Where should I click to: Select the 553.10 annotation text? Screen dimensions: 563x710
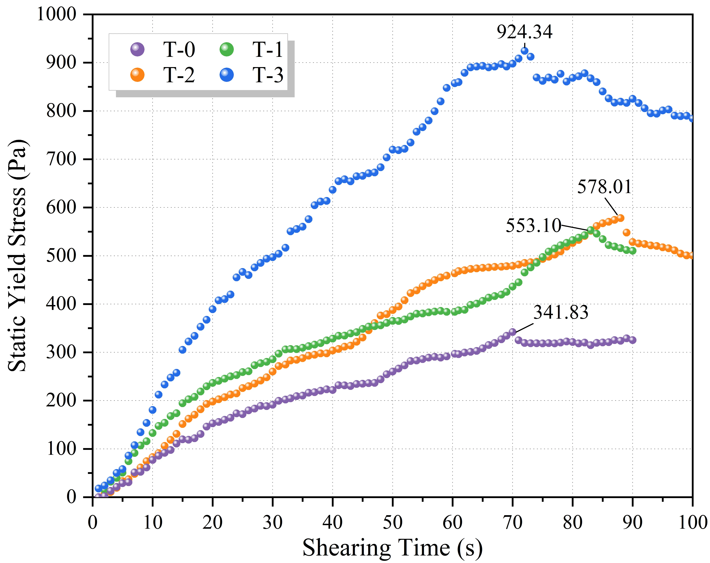(x=533, y=226)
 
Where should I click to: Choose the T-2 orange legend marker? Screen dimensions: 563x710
(x=137, y=75)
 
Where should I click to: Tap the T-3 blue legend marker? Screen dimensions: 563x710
(x=227, y=75)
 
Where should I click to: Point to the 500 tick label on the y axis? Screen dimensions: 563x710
(x=61, y=256)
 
